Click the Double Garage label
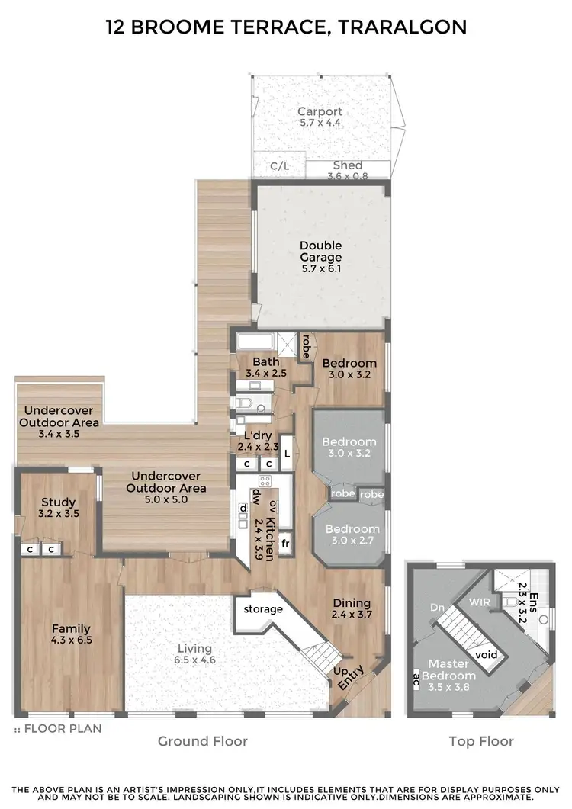pyautogui.click(x=320, y=252)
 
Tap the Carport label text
pyautogui.click(x=320, y=112)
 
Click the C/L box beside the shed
pyautogui.click(x=279, y=165)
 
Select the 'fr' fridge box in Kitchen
pyautogui.click(x=285, y=544)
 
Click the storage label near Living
pyautogui.click(x=263, y=609)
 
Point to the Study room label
pyautogui.click(x=58, y=502)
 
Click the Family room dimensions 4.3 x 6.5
pyautogui.click(x=72, y=640)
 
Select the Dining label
pyautogui.click(x=351, y=602)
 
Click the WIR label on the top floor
pyautogui.click(x=479, y=602)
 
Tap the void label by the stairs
pyautogui.click(x=486, y=654)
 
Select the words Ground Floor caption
pyautogui.click(x=202, y=740)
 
